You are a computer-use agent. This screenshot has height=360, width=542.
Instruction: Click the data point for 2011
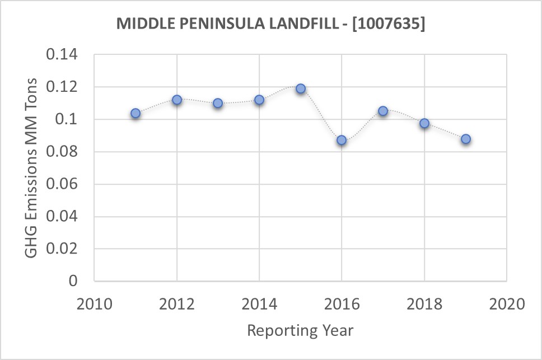click(x=135, y=113)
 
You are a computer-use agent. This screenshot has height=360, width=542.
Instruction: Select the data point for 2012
click(x=177, y=100)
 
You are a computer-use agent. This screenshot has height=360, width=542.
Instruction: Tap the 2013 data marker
click(x=218, y=103)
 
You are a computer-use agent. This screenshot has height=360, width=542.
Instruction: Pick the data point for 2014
click(x=259, y=100)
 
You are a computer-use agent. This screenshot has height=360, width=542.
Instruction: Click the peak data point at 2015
click(x=301, y=88)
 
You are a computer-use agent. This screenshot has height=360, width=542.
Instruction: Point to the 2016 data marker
click(x=342, y=140)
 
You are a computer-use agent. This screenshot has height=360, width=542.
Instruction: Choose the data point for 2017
click(x=383, y=111)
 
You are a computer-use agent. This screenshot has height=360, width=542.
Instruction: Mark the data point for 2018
click(x=424, y=123)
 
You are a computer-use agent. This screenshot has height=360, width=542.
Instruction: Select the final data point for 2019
click(x=466, y=139)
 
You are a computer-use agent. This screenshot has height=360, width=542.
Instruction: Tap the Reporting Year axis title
click(x=300, y=330)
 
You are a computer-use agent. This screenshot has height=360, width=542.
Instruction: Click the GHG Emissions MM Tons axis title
click(x=32, y=167)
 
